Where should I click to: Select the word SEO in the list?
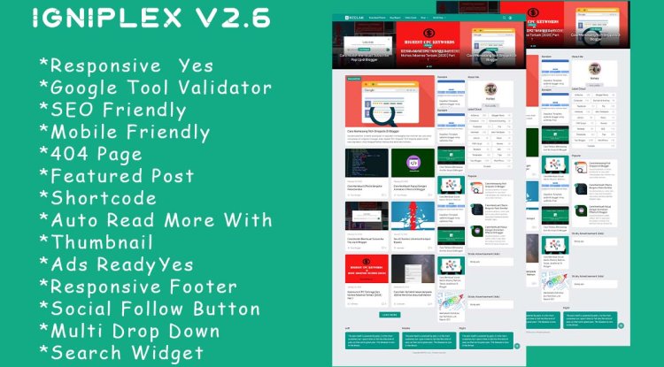(69, 110)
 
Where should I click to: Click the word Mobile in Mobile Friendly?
(86, 132)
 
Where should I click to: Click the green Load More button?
(390, 314)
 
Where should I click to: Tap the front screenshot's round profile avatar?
(490, 92)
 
